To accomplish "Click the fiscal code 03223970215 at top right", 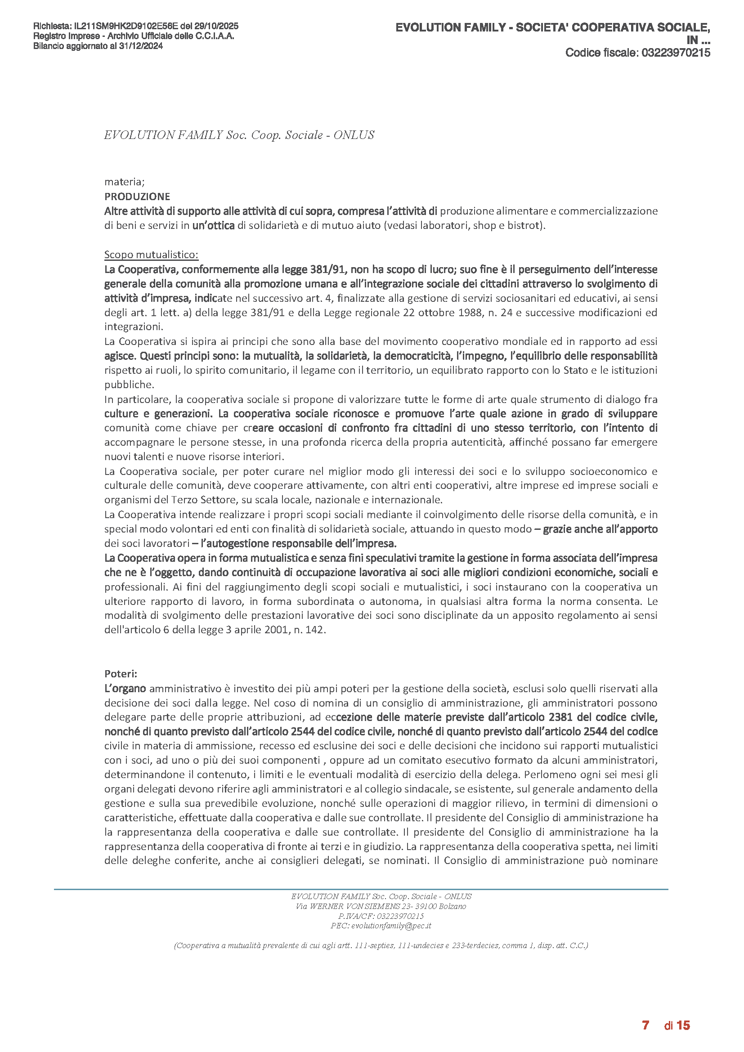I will point(676,53).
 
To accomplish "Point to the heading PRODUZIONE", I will point(137,197).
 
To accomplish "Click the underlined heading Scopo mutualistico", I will point(151,254).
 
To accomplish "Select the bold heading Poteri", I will point(121,674).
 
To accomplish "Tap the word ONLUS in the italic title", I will point(354,135).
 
